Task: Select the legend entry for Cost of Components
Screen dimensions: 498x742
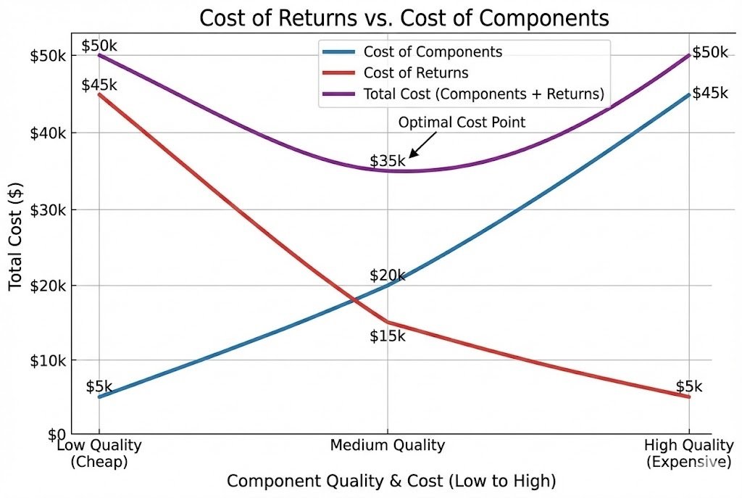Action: coord(432,52)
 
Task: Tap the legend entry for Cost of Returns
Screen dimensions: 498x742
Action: coord(415,73)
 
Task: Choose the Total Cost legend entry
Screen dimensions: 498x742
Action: coord(483,94)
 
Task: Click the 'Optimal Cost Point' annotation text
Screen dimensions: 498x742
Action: coord(462,123)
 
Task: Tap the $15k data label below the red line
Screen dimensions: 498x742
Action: coord(387,336)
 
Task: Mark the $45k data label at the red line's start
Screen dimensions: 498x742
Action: coord(99,85)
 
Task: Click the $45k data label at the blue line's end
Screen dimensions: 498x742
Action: coord(709,93)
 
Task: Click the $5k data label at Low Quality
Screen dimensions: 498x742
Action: coord(99,386)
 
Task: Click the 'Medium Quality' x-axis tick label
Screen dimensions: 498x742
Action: coord(387,445)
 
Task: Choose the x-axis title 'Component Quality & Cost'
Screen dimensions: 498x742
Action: coord(391,481)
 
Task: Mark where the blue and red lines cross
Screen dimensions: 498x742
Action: coord(354,299)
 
